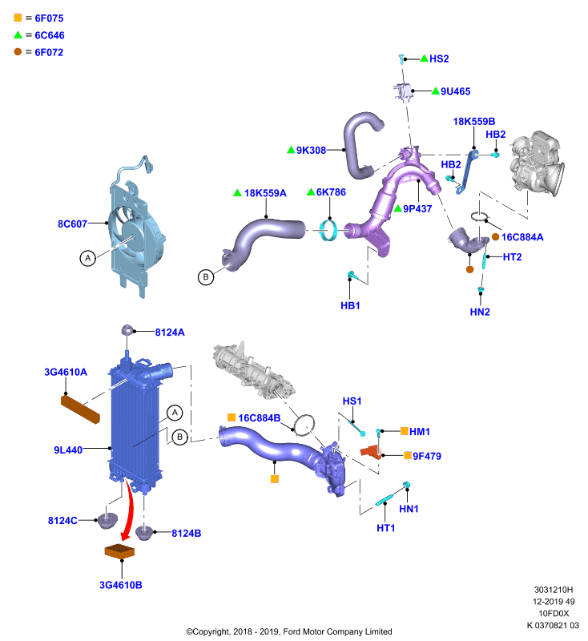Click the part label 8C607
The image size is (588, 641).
point(72,224)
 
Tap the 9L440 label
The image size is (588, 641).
point(68,450)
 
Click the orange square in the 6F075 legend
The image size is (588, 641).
point(18,18)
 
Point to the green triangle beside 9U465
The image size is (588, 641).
point(436,91)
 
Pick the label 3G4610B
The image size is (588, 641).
point(121,585)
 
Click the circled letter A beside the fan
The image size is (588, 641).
point(87,258)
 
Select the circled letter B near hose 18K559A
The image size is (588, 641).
point(206,277)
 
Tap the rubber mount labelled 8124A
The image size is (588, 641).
point(127,330)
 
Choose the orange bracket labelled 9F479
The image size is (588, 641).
point(371,452)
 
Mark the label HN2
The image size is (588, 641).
point(480,312)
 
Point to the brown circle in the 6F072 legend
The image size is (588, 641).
point(18,51)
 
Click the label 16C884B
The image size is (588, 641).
point(260,417)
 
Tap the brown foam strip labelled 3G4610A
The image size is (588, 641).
point(80,409)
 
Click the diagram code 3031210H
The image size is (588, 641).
point(554,590)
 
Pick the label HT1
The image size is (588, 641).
point(386,528)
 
